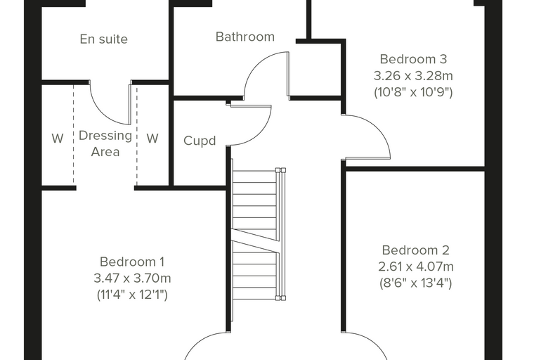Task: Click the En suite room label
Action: [x=104, y=39]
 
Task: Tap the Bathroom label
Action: [x=245, y=37]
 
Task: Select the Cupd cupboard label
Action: [x=200, y=141]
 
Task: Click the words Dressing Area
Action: [x=105, y=143]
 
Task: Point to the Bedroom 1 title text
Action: [x=132, y=262]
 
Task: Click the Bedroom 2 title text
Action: [x=415, y=250]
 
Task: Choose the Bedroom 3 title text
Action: [x=413, y=59]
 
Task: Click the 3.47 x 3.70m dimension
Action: [x=132, y=278]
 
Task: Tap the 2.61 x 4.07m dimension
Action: [x=416, y=266]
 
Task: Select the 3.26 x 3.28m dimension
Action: [x=413, y=76]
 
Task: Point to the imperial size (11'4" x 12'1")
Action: [x=132, y=295]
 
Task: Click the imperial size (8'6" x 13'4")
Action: [x=416, y=283]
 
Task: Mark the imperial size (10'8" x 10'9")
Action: [x=413, y=92]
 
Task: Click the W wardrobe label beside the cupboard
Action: [x=152, y=139]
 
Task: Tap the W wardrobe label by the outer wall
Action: [x=58, y=139]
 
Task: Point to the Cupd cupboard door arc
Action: [x=261, y=135]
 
